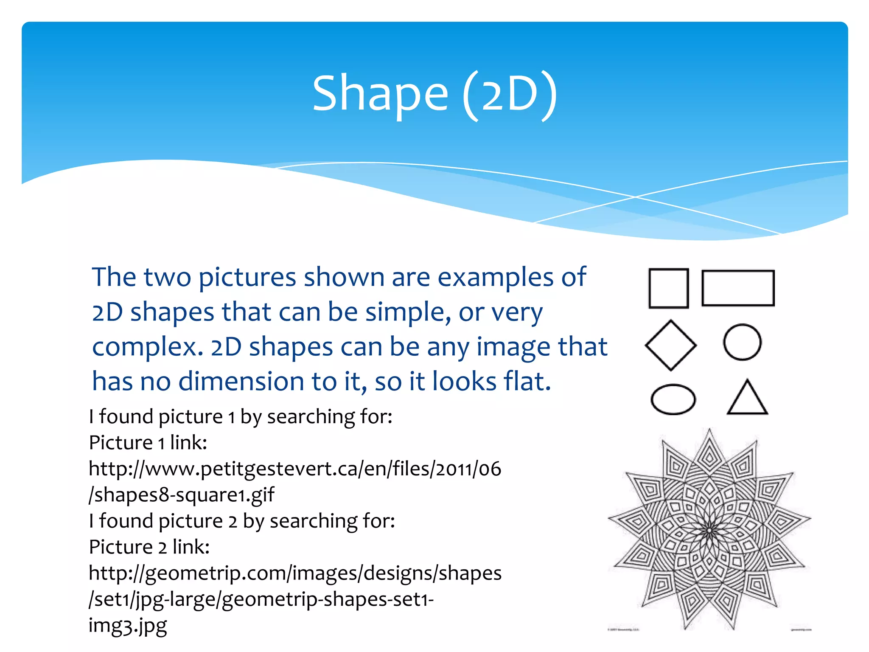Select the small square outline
click(x=668, y=288)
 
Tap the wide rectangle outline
click(x=738, y=288)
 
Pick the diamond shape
click(x=670, y=346)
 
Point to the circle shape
click(x=742, y=342)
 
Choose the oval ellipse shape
click(x=673, y=399)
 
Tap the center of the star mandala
click(x=709, y=531)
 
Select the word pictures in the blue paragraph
click(x=247, y=278)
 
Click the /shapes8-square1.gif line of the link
click(x=182, y=495)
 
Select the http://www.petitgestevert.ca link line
click(x=295, y=469)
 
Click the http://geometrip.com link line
click(x=295, y=573)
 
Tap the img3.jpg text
click(x=128, y=626)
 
